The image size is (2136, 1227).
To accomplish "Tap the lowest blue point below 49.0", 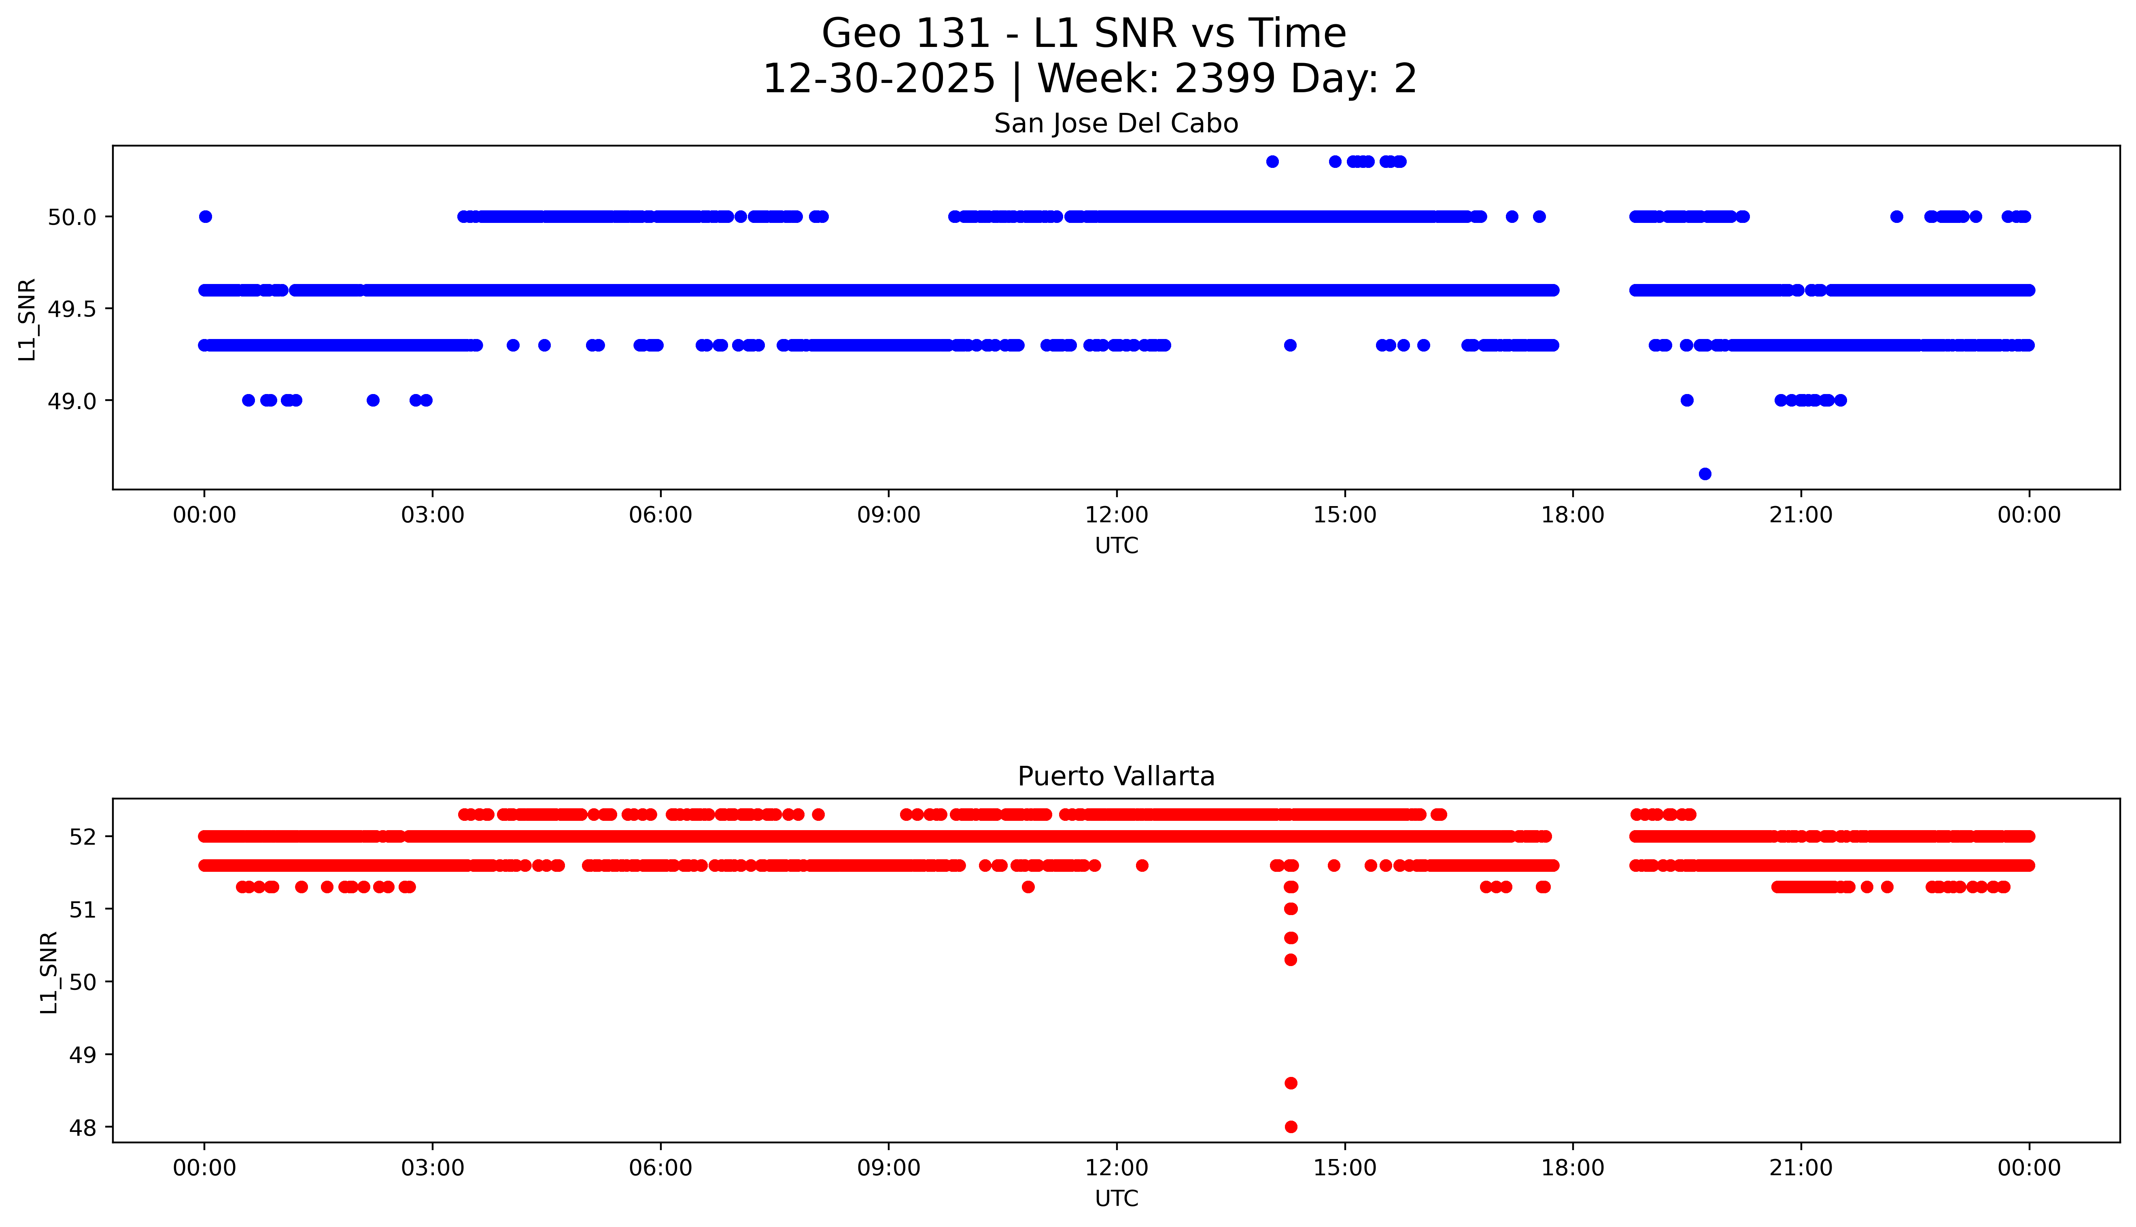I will [x=1705, y=474].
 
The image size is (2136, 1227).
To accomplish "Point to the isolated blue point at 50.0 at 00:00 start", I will [x=205, y=216].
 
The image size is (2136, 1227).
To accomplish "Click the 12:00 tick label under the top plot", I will [x=1116, y=515].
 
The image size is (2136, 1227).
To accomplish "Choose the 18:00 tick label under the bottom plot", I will [x=1572, y=1168].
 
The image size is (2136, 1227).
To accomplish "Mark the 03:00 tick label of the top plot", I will [x=433, y=515].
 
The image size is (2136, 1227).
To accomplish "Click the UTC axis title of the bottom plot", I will [x=1116, y=1198].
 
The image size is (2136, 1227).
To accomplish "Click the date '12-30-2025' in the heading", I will [x=879, y=79].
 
